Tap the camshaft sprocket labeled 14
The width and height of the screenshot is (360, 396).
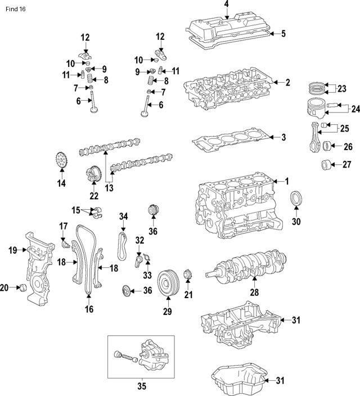[x=61, y=160]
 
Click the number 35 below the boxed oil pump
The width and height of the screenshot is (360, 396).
[x=141, y=386]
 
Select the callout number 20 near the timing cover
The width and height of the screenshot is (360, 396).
[x=4, y=288]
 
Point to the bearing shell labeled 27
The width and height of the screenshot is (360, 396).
[x=325, y=165]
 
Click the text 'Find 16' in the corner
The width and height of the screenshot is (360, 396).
[x=14, y=10]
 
